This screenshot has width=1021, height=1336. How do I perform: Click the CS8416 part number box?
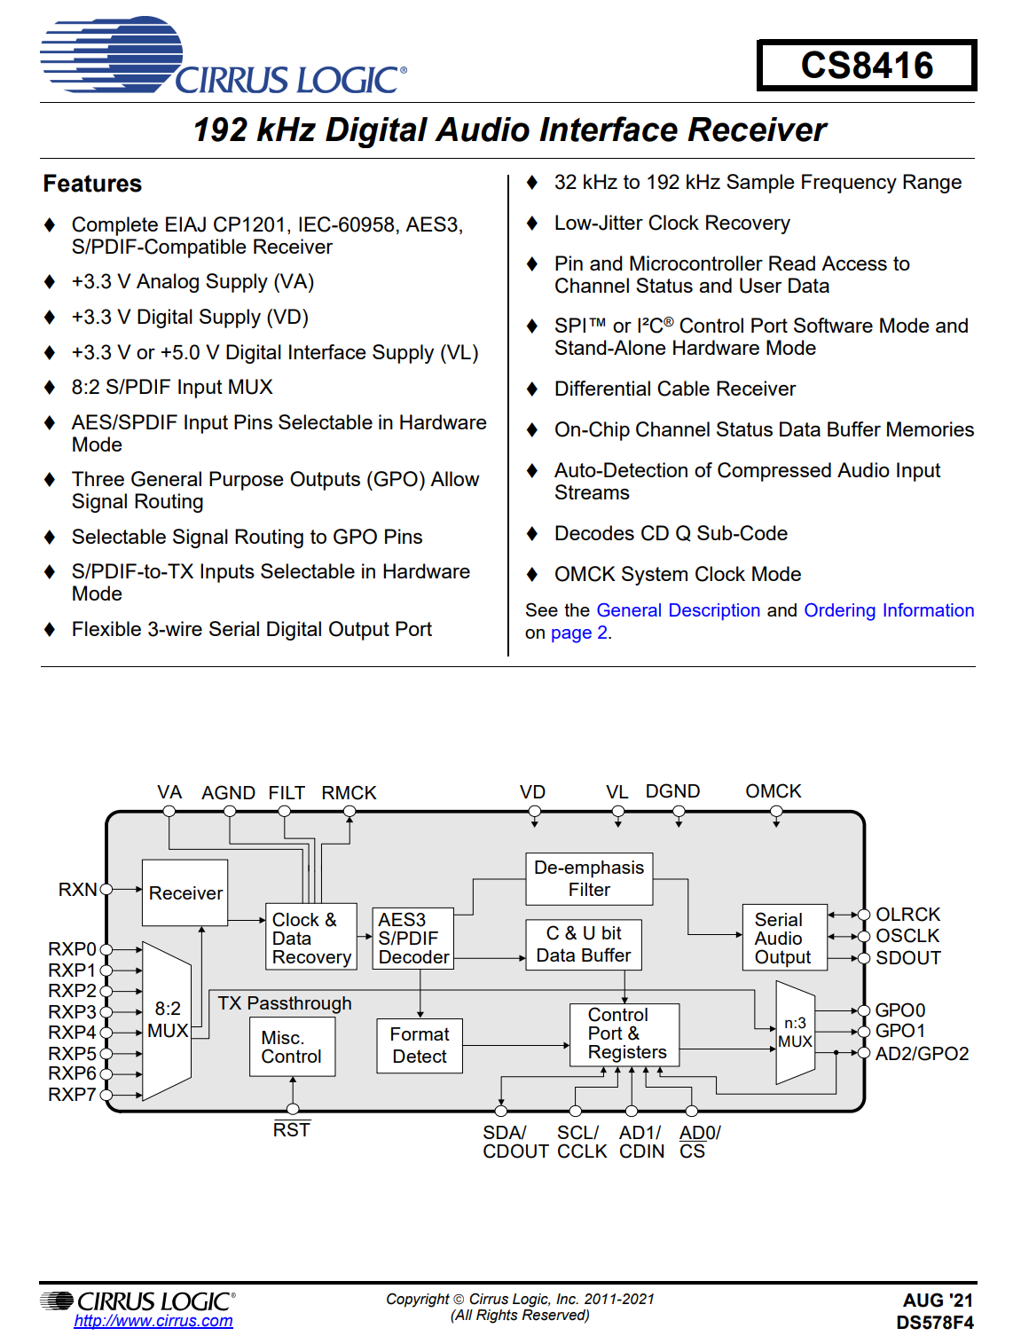[x=867, y=66]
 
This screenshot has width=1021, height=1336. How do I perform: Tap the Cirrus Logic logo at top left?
[x=222, y=58]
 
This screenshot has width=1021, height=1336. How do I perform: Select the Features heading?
[x=92, y=184]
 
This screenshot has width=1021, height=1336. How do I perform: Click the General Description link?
[x=678, y=610]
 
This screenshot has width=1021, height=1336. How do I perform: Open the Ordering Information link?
[x=888, y=610]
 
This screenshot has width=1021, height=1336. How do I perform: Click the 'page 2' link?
[x=578, y=633]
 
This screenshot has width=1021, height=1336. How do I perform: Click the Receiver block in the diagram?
[x=185, y=892]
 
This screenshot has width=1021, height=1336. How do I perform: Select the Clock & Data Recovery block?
[x=311, y=938]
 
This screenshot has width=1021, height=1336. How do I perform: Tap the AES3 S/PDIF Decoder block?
[x=412, y=938]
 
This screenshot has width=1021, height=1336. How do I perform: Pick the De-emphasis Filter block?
[x=589, y=878]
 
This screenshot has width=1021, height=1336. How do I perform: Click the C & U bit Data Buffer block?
[x=583, y=944]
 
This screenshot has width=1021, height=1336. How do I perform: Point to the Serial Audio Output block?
[x=783, y=938]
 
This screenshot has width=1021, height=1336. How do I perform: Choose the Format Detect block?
[x=420, y=1045]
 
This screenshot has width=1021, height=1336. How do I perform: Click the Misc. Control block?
[x=291, y=1047]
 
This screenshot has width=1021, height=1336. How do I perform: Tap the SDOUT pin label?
[x=907, y=958]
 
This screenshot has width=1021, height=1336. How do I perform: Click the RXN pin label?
[x=77, y=889]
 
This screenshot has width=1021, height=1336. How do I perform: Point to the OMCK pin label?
[x=773, y=791]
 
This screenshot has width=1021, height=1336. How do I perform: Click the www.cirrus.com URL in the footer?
[x=153, y=1321]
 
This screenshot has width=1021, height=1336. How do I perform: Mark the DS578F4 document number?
[x=934, y=1323]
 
